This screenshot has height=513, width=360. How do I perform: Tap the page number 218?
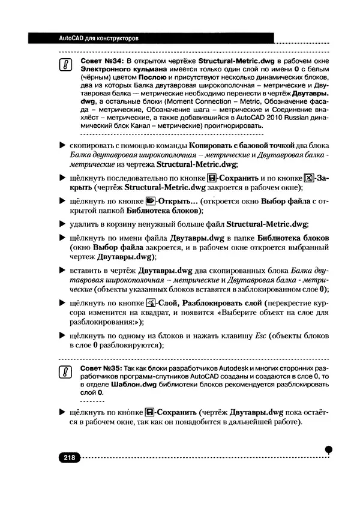point(68,458)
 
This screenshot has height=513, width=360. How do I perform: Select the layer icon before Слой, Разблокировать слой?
point(151,302)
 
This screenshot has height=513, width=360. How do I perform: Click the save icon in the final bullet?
point(150,412)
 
